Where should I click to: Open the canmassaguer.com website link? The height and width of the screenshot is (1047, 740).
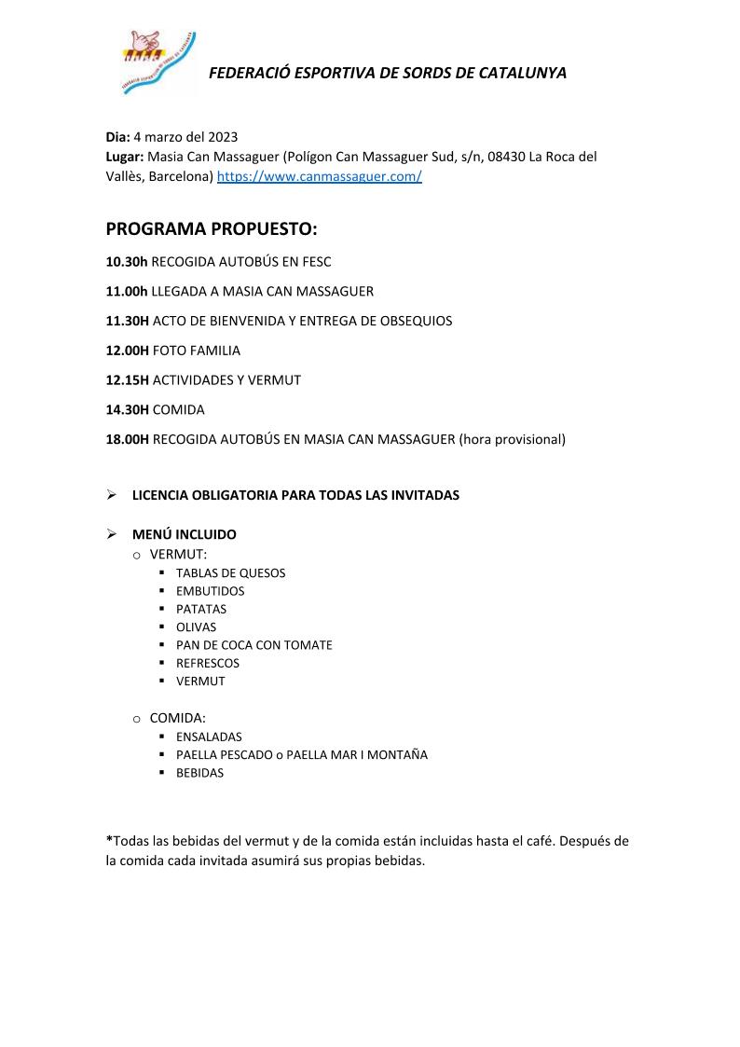coord(319,176)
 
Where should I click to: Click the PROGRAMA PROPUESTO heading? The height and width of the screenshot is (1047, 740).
coord(212,229)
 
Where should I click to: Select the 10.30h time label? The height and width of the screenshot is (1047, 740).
coord(127,262)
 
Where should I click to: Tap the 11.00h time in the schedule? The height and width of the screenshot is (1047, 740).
coord(127,291)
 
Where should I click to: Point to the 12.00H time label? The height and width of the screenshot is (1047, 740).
coord(128,351)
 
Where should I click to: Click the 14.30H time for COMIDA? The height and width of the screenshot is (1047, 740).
coord(128,409)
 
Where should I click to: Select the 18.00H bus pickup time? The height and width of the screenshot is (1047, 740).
coord(128,439)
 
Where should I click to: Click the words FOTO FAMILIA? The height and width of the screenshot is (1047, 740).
coord(196,351)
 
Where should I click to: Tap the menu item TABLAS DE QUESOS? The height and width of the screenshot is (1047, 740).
coord(230,573)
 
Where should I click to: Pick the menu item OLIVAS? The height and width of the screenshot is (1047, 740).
coord(196,627)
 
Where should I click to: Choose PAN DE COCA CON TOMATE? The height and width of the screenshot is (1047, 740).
coord(254,645)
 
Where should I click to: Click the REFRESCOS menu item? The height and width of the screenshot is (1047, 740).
coord(207,663)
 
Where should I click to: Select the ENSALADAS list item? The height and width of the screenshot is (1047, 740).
coord(209,737)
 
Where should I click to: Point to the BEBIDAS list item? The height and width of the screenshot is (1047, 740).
coord(199,773)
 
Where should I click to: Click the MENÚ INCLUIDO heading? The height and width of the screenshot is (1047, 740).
coord(184,534)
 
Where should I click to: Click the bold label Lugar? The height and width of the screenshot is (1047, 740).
coord(125,157)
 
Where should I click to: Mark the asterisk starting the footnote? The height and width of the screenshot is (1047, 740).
coord(109,840)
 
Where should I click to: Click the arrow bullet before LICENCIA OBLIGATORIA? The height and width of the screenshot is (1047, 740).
coord(111,495)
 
